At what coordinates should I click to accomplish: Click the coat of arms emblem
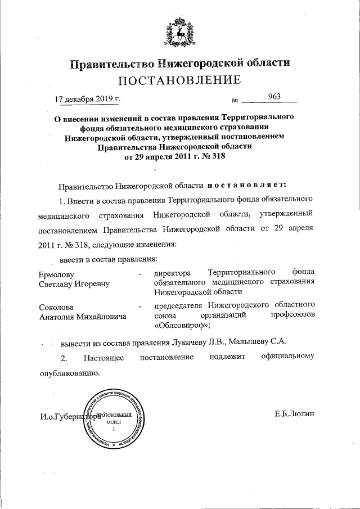[179, 33]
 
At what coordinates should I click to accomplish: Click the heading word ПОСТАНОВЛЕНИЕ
[180, 80]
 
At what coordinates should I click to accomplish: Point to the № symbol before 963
[235, 101]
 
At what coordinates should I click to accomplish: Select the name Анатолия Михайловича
[82, 317]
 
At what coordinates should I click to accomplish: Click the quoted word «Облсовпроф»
[181, 325]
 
